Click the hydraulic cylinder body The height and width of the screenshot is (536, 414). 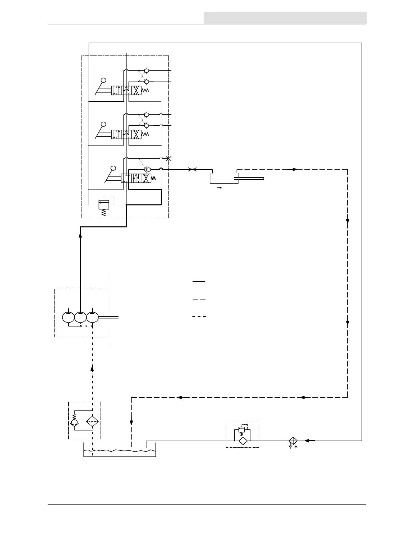click(221, 178)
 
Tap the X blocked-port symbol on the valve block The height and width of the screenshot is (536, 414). click(169, 158)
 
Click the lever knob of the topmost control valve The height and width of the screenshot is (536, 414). click(104, 80)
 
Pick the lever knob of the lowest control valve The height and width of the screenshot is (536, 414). click(113, 168)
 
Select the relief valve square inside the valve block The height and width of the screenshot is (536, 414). click(103, 204)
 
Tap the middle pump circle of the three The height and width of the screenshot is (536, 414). click(80, 317)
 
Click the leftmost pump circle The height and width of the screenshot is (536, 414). click(68, 317)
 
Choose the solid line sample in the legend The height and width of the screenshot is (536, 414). click(199, 282)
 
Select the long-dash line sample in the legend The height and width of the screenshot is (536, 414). click(199, 299)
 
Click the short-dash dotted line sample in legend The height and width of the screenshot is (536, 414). click(199, 316)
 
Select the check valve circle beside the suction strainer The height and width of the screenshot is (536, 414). click(74, 423)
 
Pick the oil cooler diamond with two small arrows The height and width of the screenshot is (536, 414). click(293, 441)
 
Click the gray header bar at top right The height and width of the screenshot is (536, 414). click(285, 18)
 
